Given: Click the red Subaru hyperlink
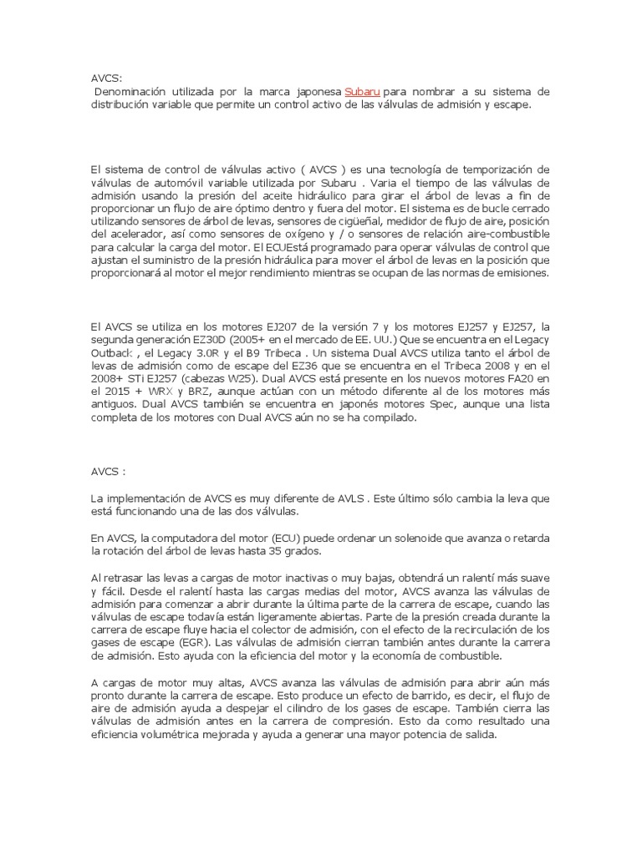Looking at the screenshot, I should click(362, 90).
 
